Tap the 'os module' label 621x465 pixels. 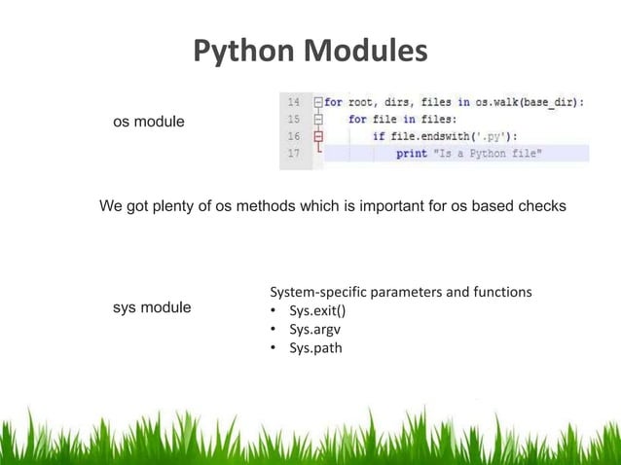coord(149,122)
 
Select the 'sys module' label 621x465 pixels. coord(152,308)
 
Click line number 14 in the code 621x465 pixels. coord(292,101)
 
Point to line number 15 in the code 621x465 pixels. coord(292,119)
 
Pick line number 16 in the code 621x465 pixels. coord(292,136)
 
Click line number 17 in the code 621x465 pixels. coord(292,154)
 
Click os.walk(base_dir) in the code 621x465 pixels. coord(530,101)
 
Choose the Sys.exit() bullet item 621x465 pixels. coord(317,311)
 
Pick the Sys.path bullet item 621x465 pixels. coord(315,348)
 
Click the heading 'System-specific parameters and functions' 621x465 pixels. coord(400,292)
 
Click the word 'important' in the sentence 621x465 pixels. coord(397,207)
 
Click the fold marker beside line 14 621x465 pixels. coord(317,101)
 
